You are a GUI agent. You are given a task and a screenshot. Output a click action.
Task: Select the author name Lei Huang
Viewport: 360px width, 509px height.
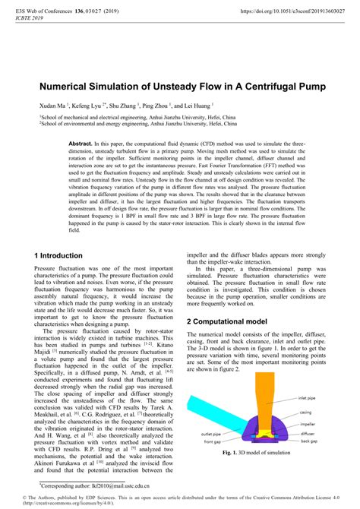(x=195, y=106)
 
